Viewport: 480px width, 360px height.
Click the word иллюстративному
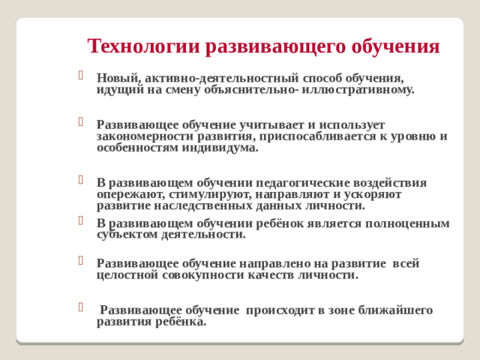[x=365, y=88]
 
